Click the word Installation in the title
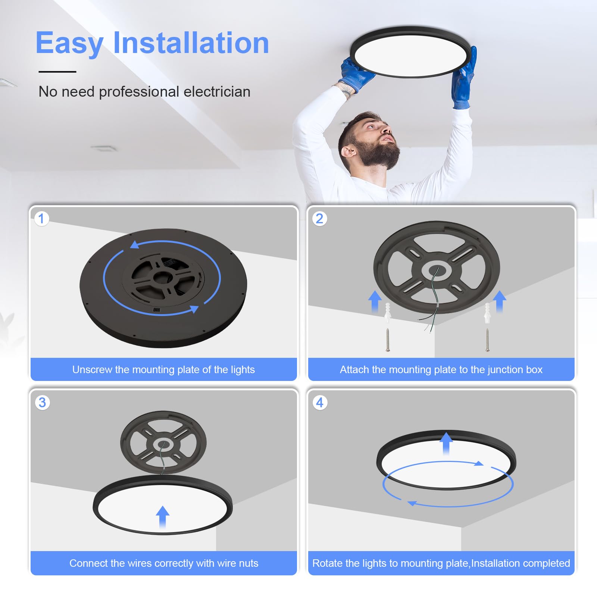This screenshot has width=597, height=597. tap(191, 43)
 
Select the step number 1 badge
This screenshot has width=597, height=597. tap(41, 219)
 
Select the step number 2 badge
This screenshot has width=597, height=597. tap(319, 219)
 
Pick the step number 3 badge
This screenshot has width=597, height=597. tap(42, 403)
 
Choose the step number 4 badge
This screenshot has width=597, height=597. tap(320, 403)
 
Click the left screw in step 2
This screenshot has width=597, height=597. tap(388, 340)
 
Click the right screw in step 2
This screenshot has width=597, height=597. tap(487, 340)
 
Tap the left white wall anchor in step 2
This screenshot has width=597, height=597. tap(388, 313)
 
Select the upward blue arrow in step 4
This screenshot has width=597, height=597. tap(446, 443)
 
